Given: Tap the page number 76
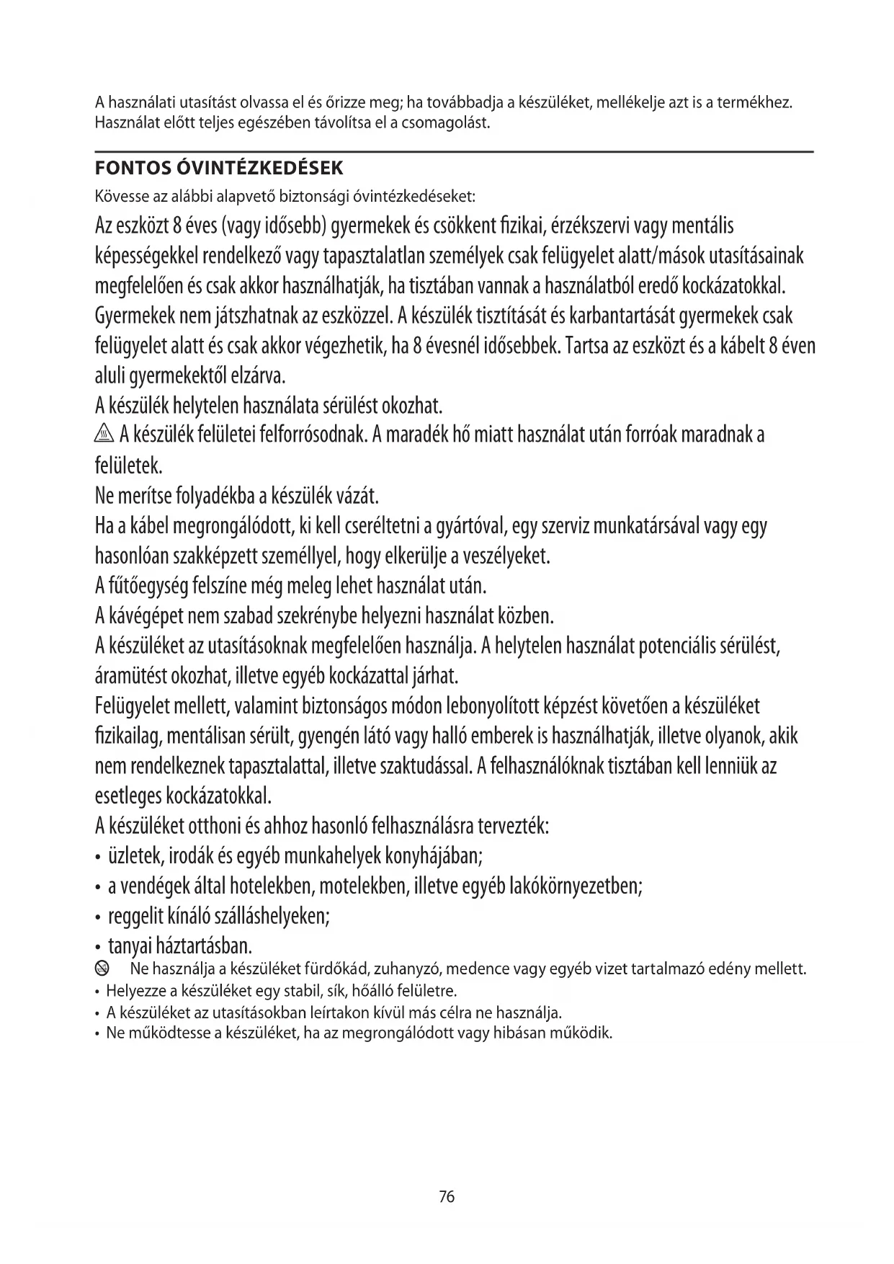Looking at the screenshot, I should click(447, 1197).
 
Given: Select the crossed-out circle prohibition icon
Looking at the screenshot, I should click(103, 969).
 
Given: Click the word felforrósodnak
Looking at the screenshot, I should click(313, 435).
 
